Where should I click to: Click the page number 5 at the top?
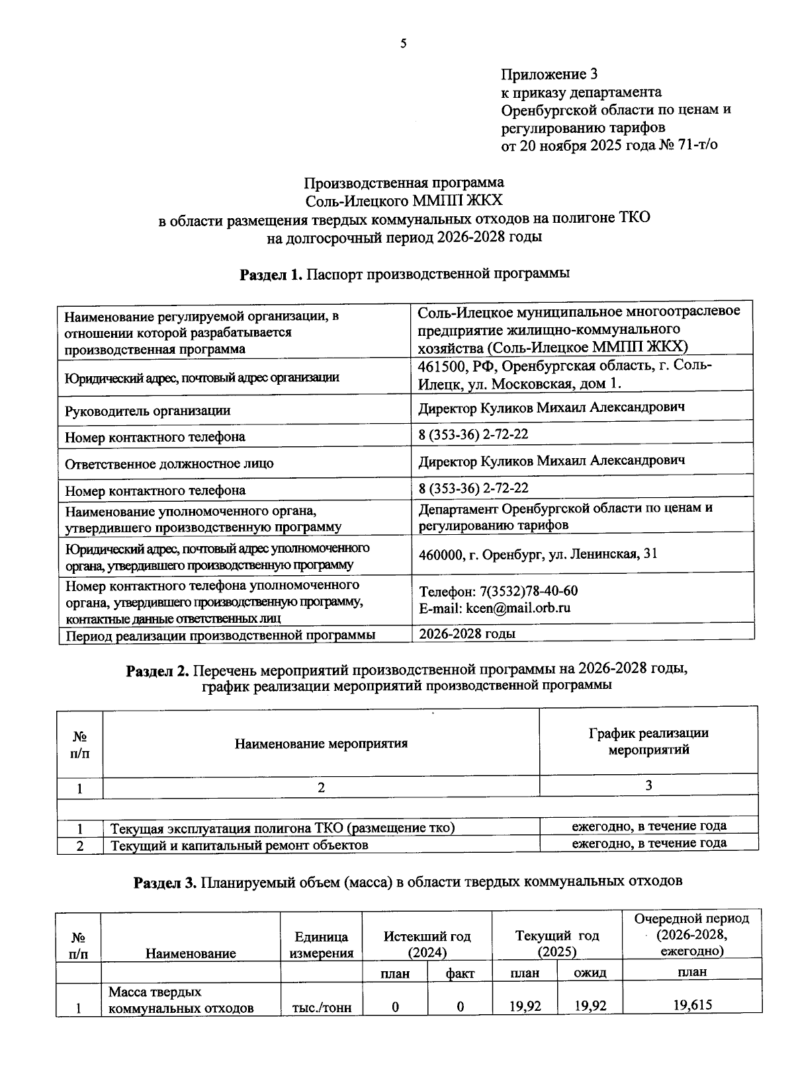[x=403, y=44]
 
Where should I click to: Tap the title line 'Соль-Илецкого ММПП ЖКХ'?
[x=404, y=200]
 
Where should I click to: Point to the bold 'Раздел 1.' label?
[x=271, y=274]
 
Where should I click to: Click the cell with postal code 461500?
[x=566, y=374]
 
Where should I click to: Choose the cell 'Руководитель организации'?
[x=148, y=411]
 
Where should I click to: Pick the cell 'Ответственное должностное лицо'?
[x=169, y=463]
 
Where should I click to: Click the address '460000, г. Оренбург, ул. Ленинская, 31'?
[x=538, y=554]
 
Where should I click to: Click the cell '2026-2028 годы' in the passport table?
[x=467, y=633]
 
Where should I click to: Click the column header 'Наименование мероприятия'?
[x=321, y=743]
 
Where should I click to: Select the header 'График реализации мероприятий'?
[x=648, y=741]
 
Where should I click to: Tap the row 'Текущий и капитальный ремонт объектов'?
[x=239, y=845]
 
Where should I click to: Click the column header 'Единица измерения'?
[x=322, y=945]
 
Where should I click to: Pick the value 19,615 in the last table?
[x=692, y=1006]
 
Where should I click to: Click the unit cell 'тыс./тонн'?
[x=322, y=1008]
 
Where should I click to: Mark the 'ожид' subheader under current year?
[x=590, y=972]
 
